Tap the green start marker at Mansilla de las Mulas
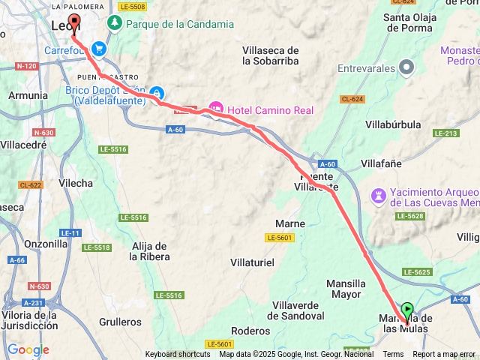click(x=406, y=309)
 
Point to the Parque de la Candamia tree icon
click(x=115, y=24)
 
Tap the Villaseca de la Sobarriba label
click(x=271, y=55)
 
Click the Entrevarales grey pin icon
click(x=406, y=68)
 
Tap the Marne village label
click(x=290, y=223)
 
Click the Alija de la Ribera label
click(x=150, y=250)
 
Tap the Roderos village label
click(x=251, y=330)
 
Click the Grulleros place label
click(x=120, y=322)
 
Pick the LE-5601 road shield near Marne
click(x=279, y=238)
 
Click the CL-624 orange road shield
click(x=352, y=99)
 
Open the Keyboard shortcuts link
click(x=178, y=354)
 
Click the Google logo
click(x=28, y=349)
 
